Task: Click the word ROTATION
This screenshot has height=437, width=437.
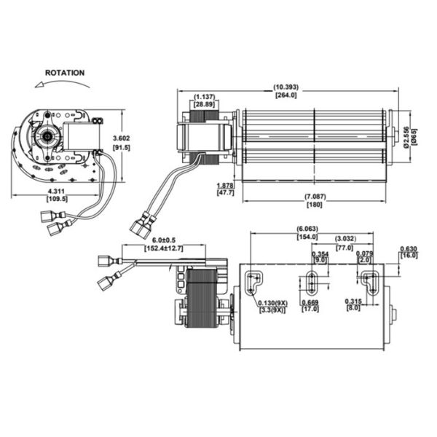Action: [65, 73]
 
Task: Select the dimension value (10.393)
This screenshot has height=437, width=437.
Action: [286, 87]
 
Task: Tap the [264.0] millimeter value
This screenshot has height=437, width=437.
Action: [286, 95]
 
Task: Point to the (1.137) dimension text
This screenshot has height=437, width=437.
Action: [205, 97]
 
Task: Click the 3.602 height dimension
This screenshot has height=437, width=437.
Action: [121, 138]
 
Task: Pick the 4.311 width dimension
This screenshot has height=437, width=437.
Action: [56, 192]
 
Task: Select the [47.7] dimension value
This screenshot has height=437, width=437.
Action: [226, 192]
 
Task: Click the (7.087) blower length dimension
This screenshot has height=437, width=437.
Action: [315, 197]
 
